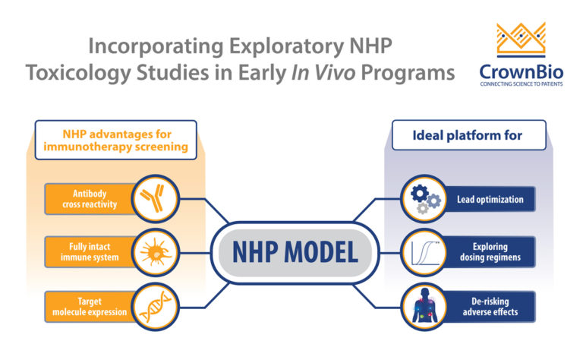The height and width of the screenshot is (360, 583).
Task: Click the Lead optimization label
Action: tap(489, 200)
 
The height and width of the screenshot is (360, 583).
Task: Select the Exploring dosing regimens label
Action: tap(489, 253)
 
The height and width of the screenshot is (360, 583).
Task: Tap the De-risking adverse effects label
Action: tap(489, 306)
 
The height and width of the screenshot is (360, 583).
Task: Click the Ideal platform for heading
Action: tap(467, 137)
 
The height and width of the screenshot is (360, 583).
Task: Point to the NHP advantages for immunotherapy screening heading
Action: tap(115, 140)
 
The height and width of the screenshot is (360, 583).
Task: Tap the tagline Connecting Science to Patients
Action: tap(520, 85)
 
